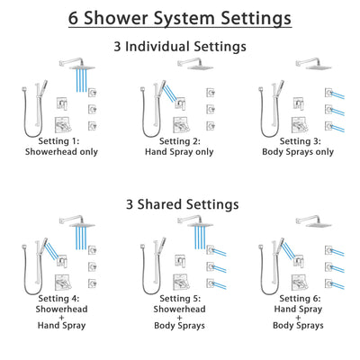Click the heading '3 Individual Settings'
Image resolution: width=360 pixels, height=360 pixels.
[x=179, y=45]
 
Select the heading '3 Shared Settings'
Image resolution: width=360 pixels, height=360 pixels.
[x=179, y=204]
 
